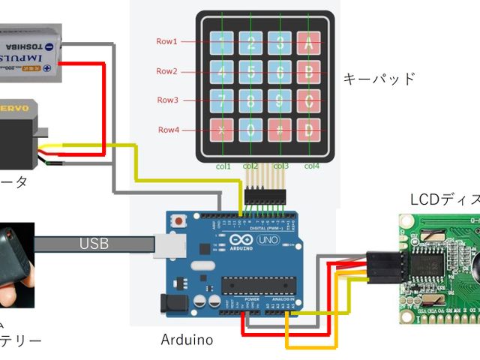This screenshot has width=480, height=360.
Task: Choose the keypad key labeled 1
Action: [x=223, y=43]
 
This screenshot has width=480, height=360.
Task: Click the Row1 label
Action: [x=166, y=42]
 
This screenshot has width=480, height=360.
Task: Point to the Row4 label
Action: [x=168, y=130]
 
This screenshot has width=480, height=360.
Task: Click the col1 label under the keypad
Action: [x=223, y=166]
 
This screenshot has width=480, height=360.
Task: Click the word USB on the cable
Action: [x=94, y=244]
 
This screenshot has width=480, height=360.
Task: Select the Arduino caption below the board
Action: [x=187, y=340]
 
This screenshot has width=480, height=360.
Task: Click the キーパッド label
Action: [x=379, y=79]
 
